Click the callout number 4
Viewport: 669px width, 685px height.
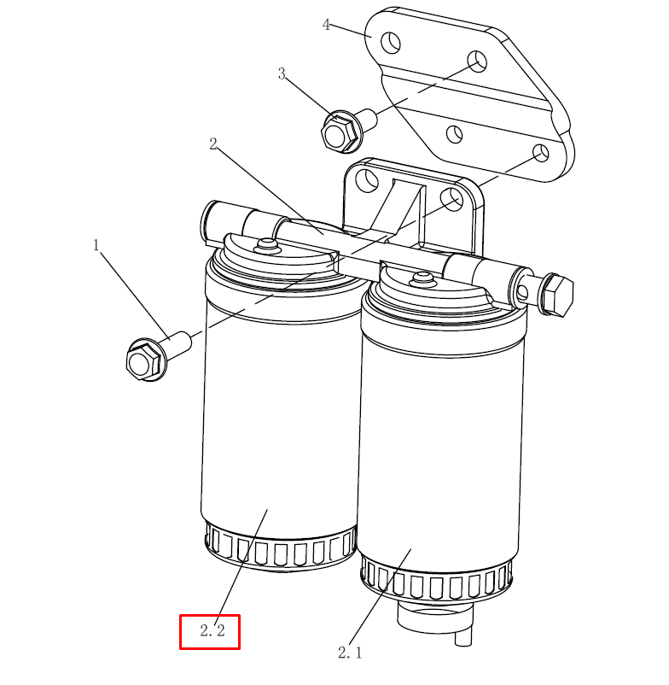point(326,25)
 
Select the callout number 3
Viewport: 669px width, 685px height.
point(282,73)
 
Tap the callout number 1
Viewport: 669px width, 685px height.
point(96,245)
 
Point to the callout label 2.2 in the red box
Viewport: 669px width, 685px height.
point(212,630)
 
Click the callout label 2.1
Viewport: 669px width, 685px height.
point(350,653)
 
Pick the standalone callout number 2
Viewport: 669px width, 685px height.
point(213,143)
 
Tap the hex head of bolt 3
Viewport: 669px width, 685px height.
point(338,131)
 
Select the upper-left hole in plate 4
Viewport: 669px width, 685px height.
point(391,43)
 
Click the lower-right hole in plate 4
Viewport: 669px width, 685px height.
point(541,153)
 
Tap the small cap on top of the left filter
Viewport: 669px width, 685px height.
point(266,244)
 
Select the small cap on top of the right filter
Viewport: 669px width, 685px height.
point(422,278)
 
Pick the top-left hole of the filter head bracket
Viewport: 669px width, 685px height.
point(367,179)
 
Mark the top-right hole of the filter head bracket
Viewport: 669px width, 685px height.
point(451,199)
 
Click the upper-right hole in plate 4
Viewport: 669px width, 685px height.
point(477,61)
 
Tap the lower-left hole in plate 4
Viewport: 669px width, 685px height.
point(454,134)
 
